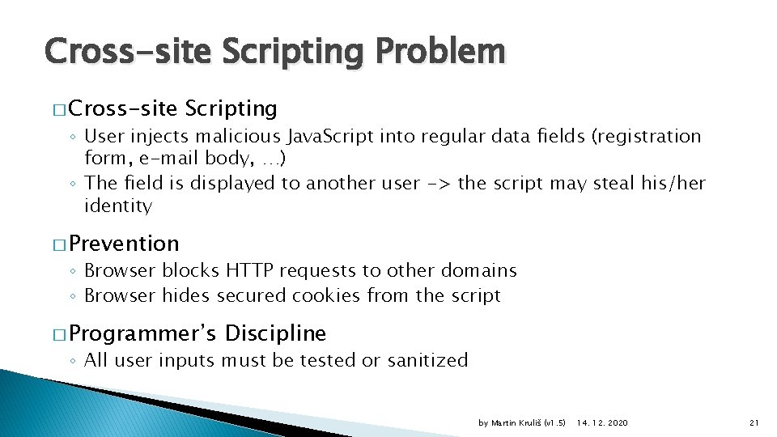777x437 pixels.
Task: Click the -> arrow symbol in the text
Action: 439,183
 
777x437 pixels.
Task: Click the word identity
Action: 117,206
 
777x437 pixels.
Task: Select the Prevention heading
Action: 125,244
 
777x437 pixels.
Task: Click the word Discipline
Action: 275,333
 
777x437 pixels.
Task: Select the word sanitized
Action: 426,360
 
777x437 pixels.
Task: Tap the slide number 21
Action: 753,423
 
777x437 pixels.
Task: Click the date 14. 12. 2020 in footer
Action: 602,423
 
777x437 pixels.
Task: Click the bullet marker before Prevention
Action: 60,244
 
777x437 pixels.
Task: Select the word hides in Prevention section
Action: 185,295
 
